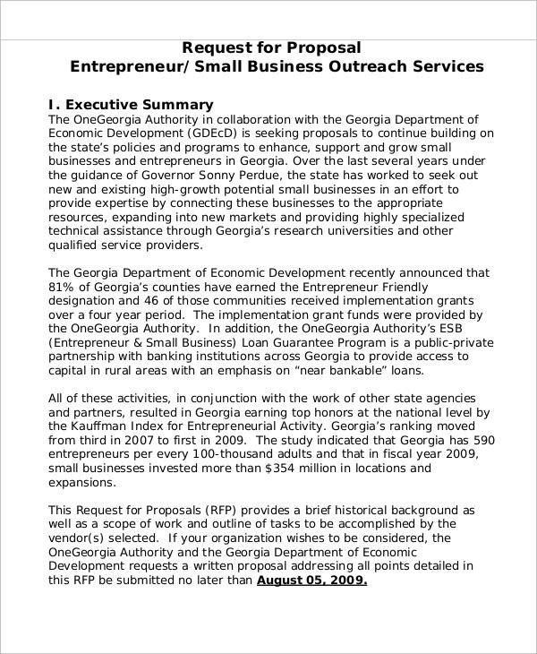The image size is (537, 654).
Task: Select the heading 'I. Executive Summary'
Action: pos(131,104)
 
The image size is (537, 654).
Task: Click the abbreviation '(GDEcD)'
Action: pos(214,133)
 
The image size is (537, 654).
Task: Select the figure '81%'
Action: pos(62,288)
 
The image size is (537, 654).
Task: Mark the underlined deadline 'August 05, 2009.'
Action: pos(311,581)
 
